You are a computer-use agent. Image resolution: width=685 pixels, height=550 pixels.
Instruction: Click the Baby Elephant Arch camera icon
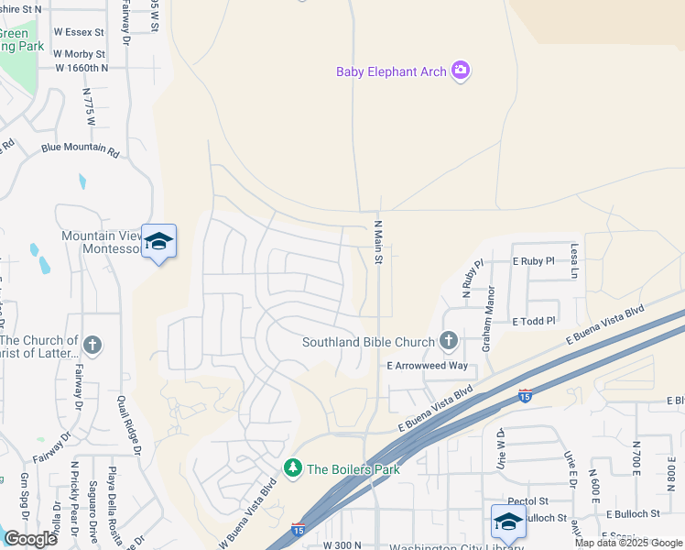tap(461, 71)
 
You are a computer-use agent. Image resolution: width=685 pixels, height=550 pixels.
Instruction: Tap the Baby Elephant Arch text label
tap(392, 71)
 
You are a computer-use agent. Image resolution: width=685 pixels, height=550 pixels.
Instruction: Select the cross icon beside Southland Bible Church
tap(448, 342)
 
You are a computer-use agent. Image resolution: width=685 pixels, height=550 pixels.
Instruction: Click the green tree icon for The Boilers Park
tap(293, 468)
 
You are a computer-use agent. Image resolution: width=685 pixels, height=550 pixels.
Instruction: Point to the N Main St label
tap(377, 242)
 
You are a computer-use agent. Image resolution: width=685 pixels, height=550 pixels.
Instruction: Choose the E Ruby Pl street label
tap(534, 261)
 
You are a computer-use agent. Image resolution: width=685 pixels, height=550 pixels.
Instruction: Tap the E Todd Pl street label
tap(534, 322)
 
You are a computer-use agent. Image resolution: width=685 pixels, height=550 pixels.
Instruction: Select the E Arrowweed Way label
tap(427, 366)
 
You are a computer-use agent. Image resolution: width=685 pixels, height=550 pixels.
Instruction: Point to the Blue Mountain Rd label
tap(81, 149)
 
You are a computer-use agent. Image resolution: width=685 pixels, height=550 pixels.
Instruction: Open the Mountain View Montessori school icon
tap(159, 241)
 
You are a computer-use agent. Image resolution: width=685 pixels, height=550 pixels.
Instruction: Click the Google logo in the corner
tap(30, 538)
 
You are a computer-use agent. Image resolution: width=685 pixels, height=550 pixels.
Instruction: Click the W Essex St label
tap(79, 30)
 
